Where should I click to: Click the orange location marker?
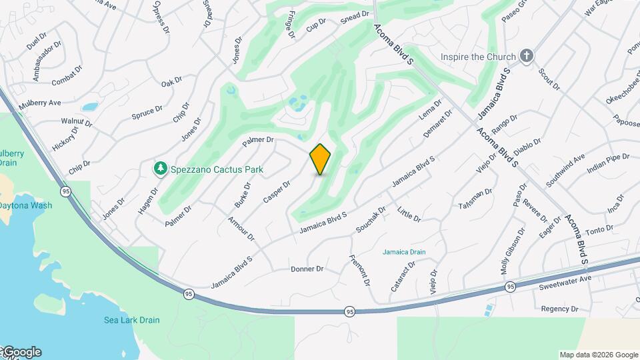click(320, 159)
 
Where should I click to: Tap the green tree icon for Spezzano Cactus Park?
click(160, 169)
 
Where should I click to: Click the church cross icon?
click(527, 56)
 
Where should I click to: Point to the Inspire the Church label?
click(478, 57)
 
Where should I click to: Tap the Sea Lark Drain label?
click(131, 319)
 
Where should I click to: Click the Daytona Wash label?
click(25, 205)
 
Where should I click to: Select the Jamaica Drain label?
click(404, 252)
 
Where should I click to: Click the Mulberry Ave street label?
click(40, 103)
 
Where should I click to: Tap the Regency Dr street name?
click(559, 309)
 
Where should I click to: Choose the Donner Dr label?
click(307, 269)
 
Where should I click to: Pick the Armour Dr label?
click(241, 229)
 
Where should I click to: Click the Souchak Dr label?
click(371, 219)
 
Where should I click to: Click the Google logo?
click(21, 352)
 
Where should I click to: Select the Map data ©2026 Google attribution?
click(599, 355)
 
